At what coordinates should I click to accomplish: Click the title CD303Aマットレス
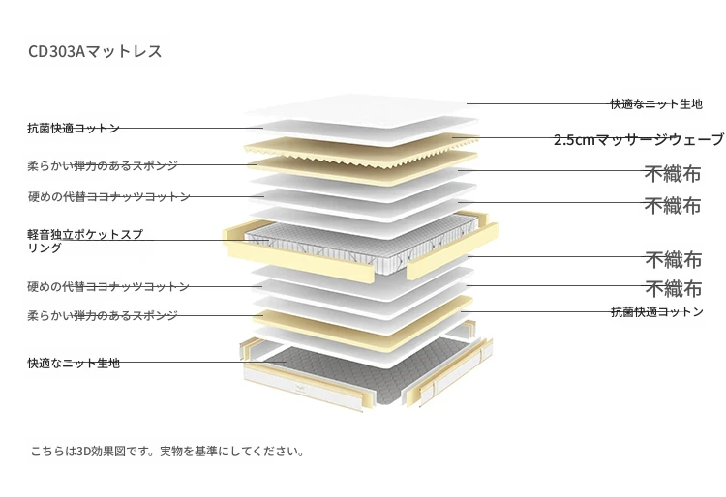click(95, 51)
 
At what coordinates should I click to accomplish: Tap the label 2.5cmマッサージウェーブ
click(639, 139)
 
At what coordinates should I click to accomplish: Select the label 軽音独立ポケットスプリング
click(85, 241)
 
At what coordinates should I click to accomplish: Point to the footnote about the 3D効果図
click(167, 451)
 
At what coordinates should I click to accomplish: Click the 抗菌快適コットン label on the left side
click(74, 128)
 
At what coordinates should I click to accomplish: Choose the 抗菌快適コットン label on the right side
click(657, 312)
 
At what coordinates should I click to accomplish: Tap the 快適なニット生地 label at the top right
click(656, 104)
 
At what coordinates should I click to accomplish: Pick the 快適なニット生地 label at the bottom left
click(75, 363)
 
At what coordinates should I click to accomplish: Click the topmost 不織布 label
click(673, 174)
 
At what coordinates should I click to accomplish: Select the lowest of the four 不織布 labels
click(674, 288)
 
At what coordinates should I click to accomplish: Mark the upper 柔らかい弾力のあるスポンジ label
click(103, 165)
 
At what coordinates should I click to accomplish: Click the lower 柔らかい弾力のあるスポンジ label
click(103, 316)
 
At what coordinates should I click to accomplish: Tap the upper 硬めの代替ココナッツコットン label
click(108, 197)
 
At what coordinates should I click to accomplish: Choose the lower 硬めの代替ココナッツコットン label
click(108, 286)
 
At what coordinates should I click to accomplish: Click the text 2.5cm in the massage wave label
click(574, 139)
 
